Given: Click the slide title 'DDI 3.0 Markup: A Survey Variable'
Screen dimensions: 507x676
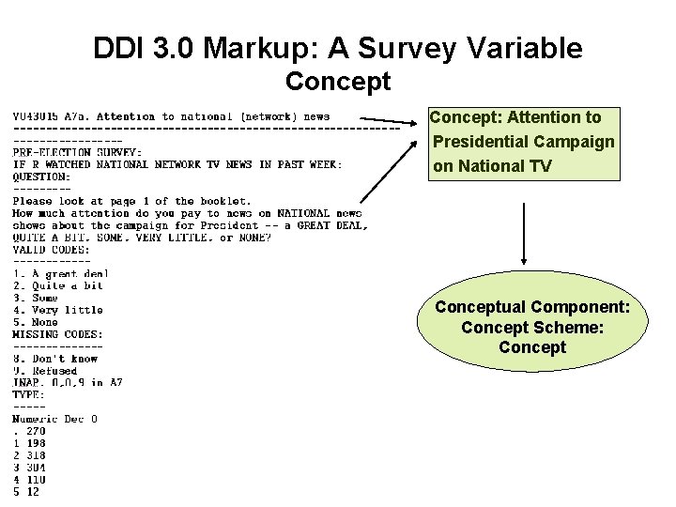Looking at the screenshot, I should tap(338, 48).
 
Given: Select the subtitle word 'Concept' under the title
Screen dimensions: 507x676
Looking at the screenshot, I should tap(338, 82).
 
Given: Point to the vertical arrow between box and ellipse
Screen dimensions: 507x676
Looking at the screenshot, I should tap(524, 235).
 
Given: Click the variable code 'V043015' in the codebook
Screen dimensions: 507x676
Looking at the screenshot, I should tap(36, 116).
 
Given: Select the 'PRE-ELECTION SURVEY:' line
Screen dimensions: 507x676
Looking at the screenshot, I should tap(77, 152).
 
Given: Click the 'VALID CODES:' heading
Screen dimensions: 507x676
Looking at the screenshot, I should tap(52, 250).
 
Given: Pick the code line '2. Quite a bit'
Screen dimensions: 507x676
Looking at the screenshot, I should tap(57, 286).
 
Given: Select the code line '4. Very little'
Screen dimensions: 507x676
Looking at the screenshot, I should tap(57, 310).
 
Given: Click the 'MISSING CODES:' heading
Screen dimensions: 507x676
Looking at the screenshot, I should tap(57, 334).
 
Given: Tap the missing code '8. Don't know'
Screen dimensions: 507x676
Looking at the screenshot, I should tap(57, 359).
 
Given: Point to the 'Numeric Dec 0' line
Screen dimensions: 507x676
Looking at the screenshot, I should tap(54, 419).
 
